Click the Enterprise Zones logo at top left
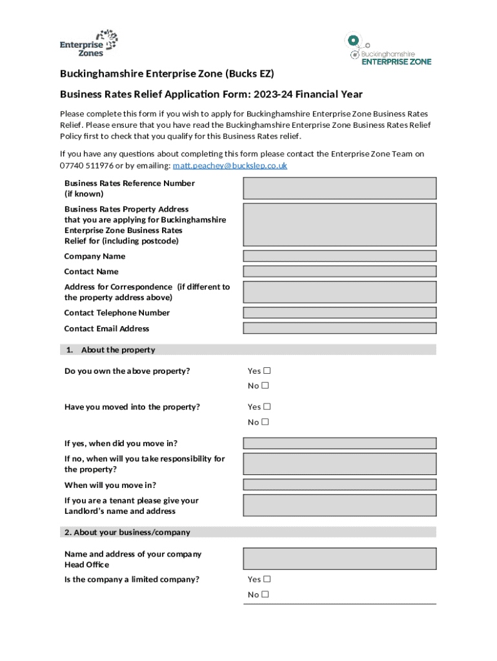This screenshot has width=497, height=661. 89,43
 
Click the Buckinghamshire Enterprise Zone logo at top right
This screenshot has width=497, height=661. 388,50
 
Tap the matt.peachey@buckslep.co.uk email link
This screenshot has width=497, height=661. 229,166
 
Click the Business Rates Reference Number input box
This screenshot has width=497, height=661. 340,188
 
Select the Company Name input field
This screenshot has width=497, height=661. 340,256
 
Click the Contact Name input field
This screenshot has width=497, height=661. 340,272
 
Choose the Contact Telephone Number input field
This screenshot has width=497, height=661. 340,313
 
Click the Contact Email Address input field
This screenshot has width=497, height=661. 340,329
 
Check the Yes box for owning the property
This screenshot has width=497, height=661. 267,371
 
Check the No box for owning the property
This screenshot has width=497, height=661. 265,386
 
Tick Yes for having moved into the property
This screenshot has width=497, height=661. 267,407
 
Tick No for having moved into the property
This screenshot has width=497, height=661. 265,422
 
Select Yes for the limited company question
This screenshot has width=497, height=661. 267,580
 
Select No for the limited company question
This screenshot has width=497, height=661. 265,595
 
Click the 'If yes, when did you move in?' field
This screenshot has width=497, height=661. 340,443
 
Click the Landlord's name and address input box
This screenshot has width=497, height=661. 340,505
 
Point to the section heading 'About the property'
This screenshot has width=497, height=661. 117,350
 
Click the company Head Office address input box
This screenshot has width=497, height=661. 340,559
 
